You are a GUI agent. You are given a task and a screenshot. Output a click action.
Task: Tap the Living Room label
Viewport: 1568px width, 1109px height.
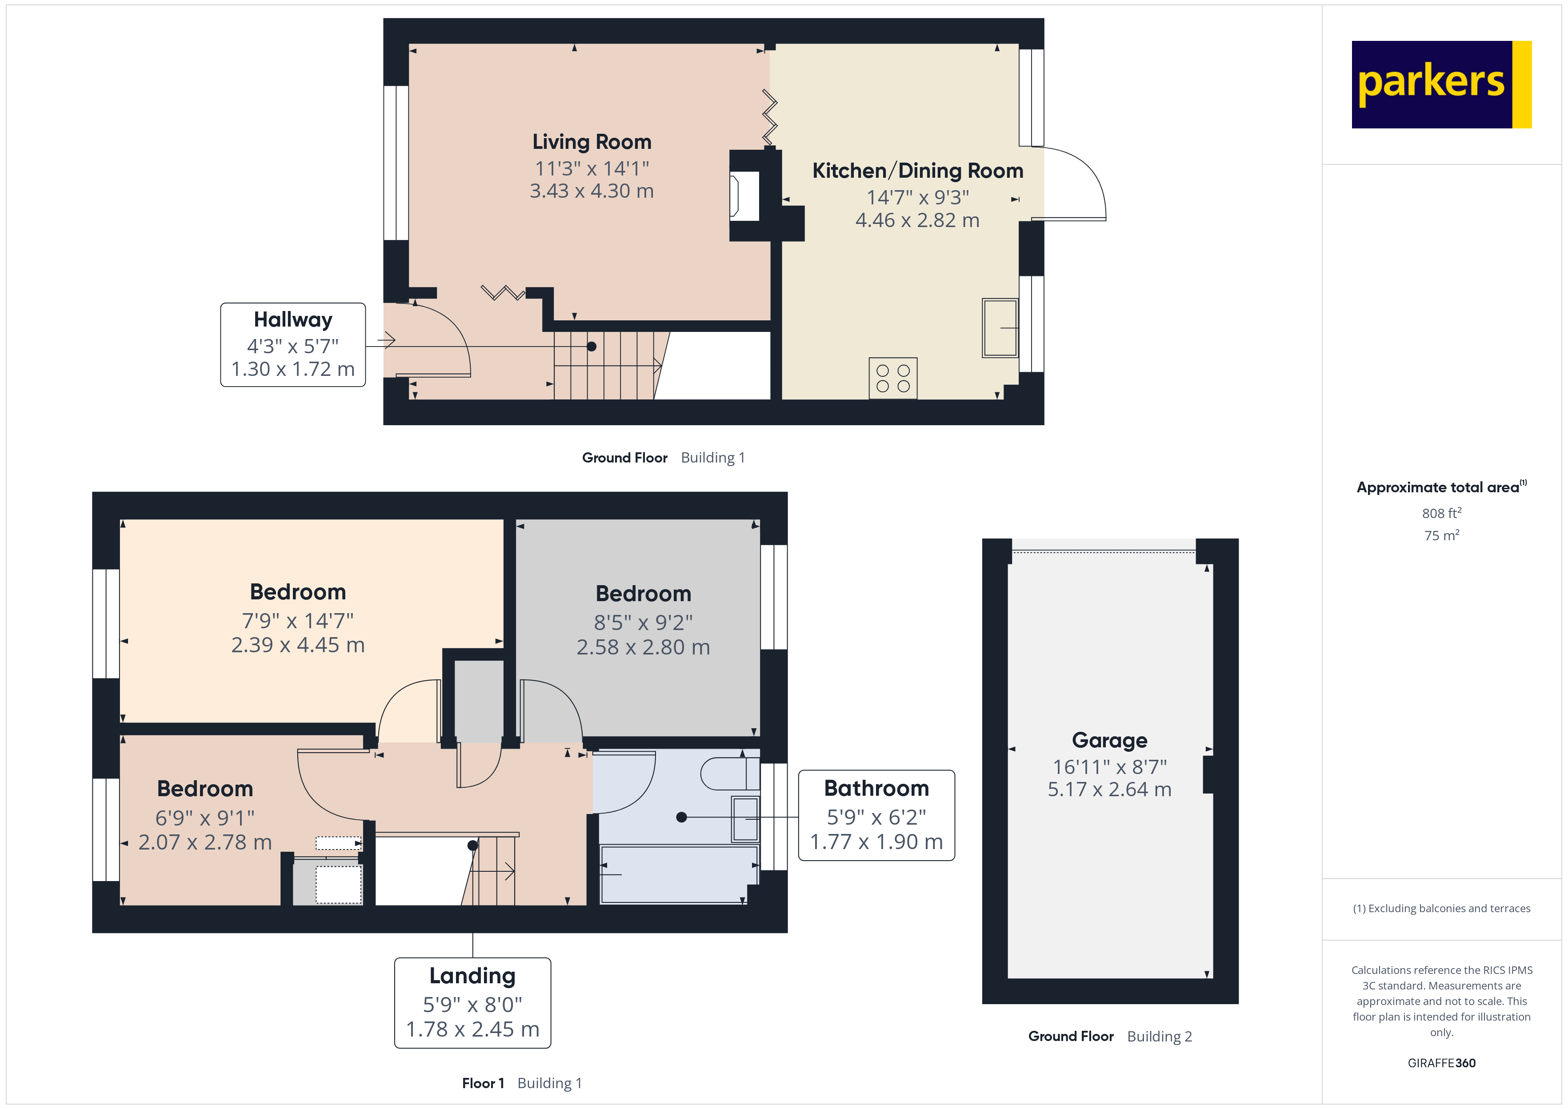(592, 142)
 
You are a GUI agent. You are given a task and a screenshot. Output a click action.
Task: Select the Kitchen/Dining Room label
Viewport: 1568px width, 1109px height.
(917, 171)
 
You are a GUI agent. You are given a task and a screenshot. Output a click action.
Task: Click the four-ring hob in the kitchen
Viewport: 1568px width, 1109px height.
(892, 378)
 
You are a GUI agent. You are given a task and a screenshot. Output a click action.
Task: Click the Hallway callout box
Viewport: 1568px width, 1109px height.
(293, 345)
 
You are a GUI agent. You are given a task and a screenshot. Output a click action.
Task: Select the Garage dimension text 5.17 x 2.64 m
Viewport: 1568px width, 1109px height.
(1109, 790)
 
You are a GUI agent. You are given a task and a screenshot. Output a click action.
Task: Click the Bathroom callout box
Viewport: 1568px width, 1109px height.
(876, 815)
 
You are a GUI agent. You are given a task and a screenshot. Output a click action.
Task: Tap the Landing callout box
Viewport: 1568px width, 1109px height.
(472, 1002)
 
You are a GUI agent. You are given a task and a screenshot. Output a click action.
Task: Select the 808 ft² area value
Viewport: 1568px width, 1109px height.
(1441, 513)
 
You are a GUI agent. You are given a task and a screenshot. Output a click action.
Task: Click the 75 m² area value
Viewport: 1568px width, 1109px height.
(1441, 535)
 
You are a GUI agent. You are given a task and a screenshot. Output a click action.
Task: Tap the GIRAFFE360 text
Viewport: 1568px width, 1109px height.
(1441, 1063)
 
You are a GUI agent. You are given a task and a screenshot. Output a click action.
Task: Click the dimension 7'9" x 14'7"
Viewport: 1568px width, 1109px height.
(298, 621)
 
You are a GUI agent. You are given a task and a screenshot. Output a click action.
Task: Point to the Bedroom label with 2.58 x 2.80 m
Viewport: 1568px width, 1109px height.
(643, 594)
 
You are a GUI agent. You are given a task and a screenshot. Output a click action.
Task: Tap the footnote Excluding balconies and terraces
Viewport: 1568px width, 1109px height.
(1441, 908)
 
